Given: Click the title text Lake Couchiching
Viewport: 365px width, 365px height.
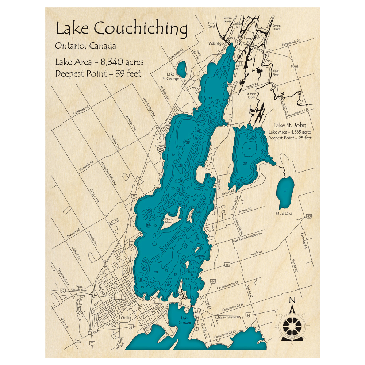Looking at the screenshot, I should (x=121, y=28).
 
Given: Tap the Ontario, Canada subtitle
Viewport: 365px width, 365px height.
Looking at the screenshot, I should (x=85, y=46).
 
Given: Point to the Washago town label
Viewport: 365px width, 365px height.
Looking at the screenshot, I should (x=215, y=43).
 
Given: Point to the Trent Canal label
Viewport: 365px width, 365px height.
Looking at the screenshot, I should (x=211, y=24).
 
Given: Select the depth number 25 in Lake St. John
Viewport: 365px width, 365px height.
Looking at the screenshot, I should (x=250, y=149).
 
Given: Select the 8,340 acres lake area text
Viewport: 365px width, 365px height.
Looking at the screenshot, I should (x=99, y=62).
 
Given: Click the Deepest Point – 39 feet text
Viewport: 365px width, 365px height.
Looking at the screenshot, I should (x=98, y=73).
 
